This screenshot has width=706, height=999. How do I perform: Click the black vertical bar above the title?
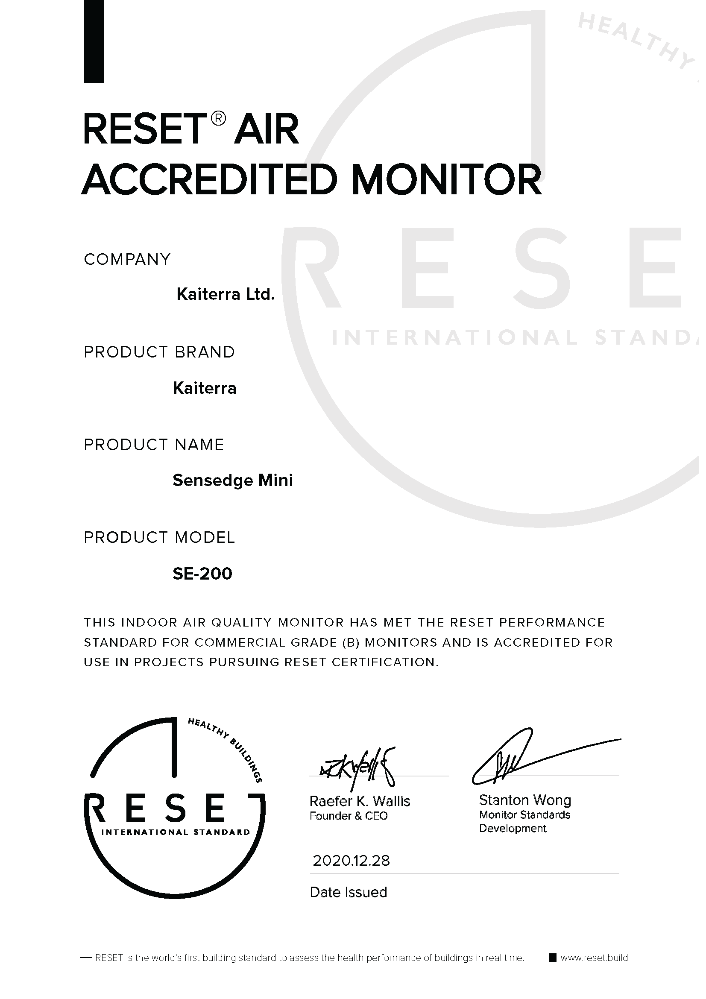pos(94,41)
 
